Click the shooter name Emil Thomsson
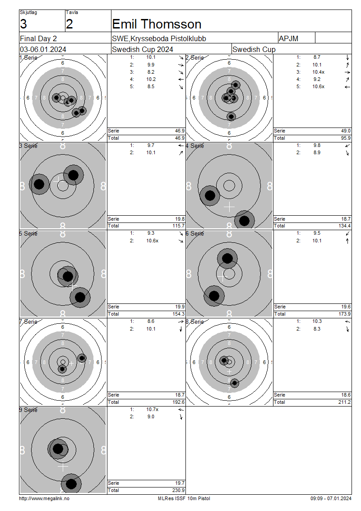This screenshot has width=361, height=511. (x=157, y=24)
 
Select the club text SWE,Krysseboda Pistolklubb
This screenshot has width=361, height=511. (x=159, y=38)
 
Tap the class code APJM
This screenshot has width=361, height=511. (x=288, y=38)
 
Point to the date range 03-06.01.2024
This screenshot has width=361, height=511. (x=43, y=49)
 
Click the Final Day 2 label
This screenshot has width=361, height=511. (x=38, y=38)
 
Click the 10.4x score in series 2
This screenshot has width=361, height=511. (x=319, y=72)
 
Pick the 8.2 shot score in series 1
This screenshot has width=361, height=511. (x=151, y=72)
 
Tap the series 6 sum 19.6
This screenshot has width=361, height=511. (x=346, y=307)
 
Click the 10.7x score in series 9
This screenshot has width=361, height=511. (x=152, y=409)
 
